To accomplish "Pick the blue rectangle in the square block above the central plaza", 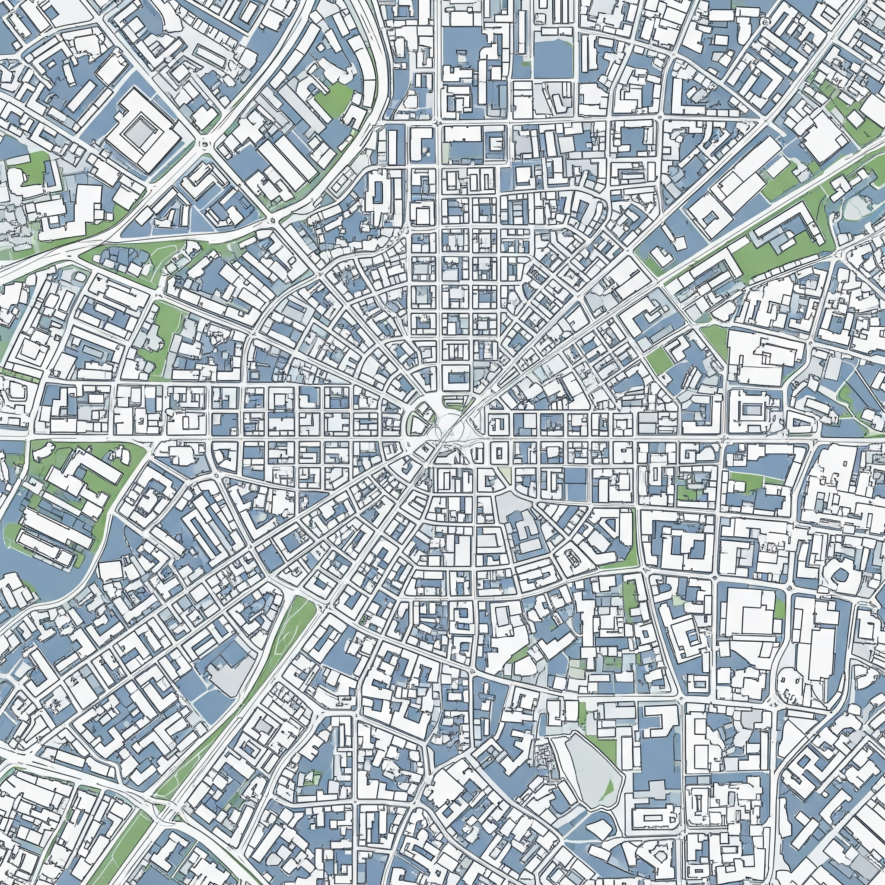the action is coord(457,378).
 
